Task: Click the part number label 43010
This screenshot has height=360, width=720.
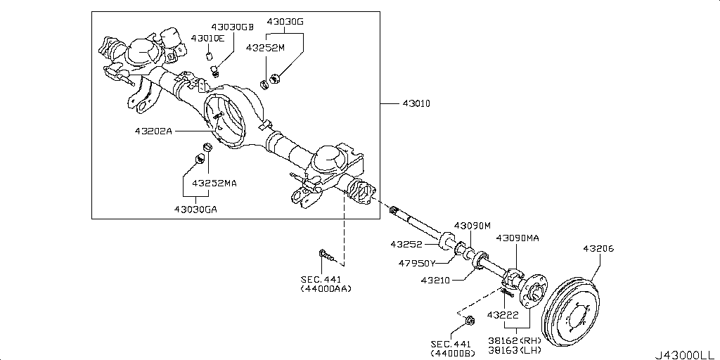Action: [416, 104]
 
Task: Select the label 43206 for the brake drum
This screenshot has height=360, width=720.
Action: [598, 249]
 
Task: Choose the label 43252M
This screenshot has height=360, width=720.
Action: [265, 47]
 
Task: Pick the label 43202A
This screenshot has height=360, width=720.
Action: [153, 131]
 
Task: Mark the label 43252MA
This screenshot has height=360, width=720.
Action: [216, 183]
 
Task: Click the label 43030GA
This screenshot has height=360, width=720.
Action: [196, 208]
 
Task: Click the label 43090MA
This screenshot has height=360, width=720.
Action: [517, 238]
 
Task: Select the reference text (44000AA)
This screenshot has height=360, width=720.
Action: [326, 288]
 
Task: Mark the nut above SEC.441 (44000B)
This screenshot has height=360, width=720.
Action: [470, 322]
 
